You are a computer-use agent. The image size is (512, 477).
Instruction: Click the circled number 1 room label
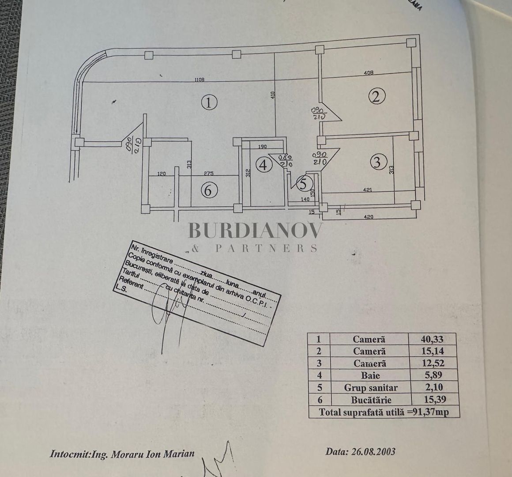(x=209, y=103)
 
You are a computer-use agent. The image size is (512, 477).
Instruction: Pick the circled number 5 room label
(x=304, y=183)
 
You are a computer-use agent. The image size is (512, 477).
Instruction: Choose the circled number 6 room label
(x=209, y=191)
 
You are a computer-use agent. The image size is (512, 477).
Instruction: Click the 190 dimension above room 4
(x=263, y=147)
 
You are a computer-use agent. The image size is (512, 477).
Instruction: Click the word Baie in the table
(x=369, y=375)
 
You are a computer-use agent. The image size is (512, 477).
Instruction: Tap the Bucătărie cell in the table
(x=369, y=400)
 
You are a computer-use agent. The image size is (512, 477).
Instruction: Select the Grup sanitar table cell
(x=370, y=388)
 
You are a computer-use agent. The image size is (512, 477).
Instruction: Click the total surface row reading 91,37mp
(x=384, y=412)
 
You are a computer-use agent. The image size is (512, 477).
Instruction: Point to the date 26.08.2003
(x=360, y=451)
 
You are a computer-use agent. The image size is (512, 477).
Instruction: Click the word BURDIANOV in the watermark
(x=256, y=231)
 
